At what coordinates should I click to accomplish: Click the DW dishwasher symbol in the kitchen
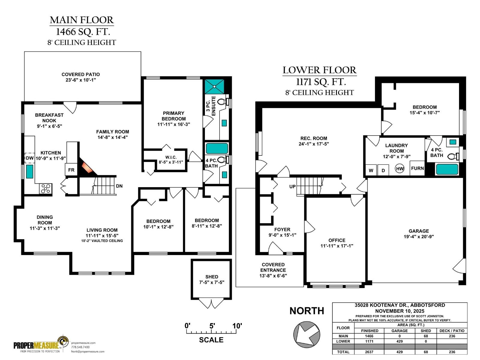click(x=29, y=158)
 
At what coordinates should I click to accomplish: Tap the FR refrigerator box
click(x=71, y=170)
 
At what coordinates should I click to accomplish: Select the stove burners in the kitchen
click(x=46, y=188)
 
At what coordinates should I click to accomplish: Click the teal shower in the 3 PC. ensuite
click(x=214, y=86)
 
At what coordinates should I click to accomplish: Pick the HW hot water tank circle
click(x=400, y=169)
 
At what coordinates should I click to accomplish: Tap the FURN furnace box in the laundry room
click(x=417, y=168)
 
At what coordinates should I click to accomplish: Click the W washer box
click(x=371, y=170)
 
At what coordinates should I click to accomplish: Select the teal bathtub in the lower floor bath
click(x=447, y=169)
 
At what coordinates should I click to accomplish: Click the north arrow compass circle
click(x=307, y=334)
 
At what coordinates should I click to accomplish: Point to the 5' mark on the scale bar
click(x=212, y=326)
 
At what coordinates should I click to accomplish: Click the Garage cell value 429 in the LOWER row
click(x=399, y=341)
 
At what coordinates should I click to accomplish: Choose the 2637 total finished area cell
click(x=369, y=352)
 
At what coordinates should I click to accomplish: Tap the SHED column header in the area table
click(x=426, y=331)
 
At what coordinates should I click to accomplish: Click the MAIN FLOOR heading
click(x=82, y=20)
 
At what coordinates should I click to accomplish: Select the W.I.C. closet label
click(x=171, y=157)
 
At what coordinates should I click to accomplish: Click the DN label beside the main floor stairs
click(x=119, y=186)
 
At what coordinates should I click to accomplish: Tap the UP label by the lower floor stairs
click(x=292, y=186)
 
